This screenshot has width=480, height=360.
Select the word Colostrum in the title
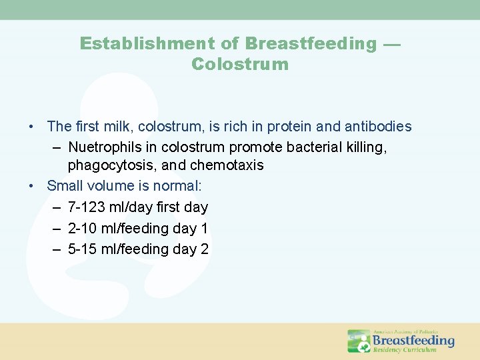pyautogui.click(x=240, y=65)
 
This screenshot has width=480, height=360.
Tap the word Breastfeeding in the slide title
pyautogui.click(x=311, y=44)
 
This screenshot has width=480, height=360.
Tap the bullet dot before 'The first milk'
pyautogui.click(x=31, y=127)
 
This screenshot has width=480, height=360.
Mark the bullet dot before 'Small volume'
pyautogui.click(x=31, y=186)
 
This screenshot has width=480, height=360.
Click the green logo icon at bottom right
pyautogui.click(x=359, y=341)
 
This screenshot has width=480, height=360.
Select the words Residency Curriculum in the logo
pyautogui.click(x=405, y=350)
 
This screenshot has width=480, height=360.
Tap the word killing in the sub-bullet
pyautogui.click(x=367, y=146)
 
